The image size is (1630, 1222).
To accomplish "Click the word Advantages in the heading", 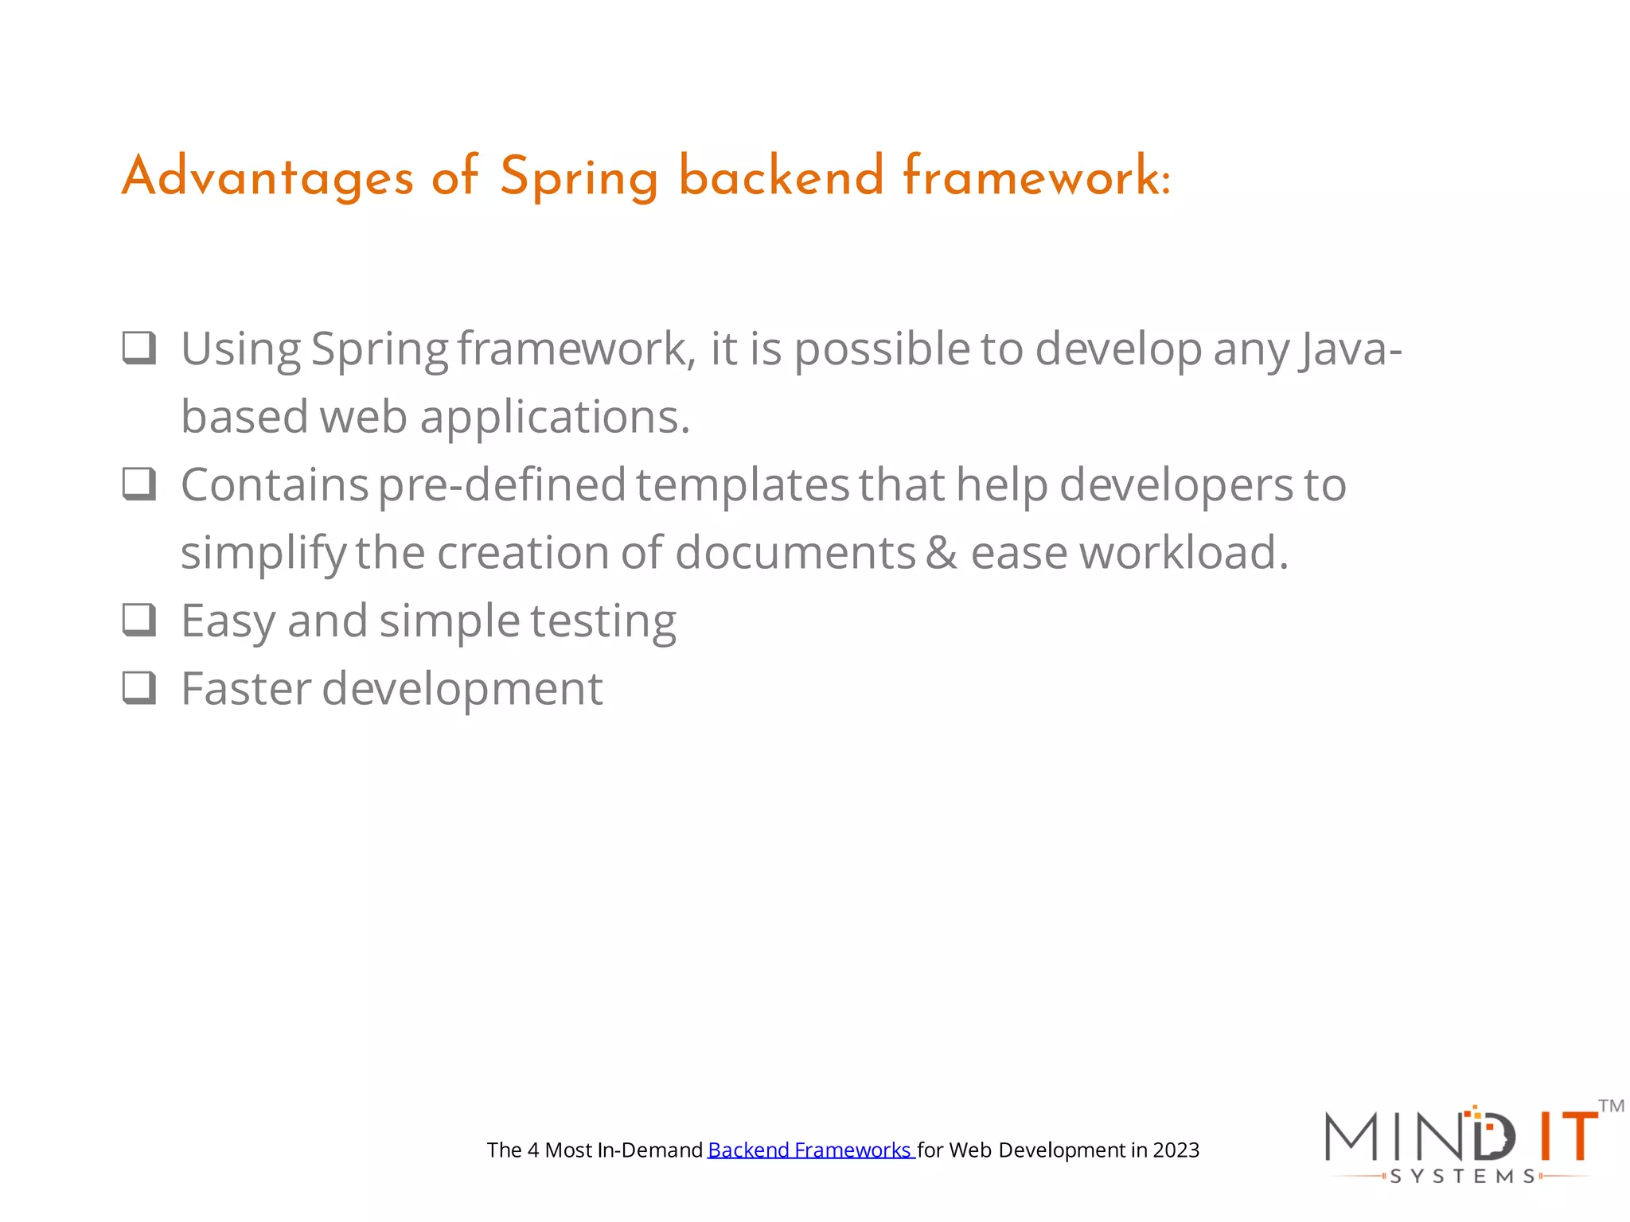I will (x=267, y=177).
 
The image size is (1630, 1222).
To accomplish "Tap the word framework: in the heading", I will (x=1036, y=177).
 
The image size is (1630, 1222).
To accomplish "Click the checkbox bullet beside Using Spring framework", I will (x=139, y=348).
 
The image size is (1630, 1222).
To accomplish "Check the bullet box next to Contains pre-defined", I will (x=139, y=484).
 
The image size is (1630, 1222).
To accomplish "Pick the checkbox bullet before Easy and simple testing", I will (x=139, y=620).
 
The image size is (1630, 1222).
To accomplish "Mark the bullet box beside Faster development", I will (x=139, y=687).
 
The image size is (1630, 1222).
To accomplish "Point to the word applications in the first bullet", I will (x=555, y=418).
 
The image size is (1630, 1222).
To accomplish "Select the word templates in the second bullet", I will (x=743, y=485).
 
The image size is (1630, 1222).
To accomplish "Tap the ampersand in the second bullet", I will (x=942, y=552).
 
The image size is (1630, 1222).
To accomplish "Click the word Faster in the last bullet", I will (x=246, y=688).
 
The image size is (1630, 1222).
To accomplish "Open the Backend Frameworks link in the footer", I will (x=810, y=1150).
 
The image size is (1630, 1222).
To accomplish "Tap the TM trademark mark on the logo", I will (x=1611, y=1106).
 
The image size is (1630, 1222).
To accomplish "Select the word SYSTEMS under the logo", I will (x=1463, y=1176).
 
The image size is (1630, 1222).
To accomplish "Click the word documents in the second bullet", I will (x=795, y=552).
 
